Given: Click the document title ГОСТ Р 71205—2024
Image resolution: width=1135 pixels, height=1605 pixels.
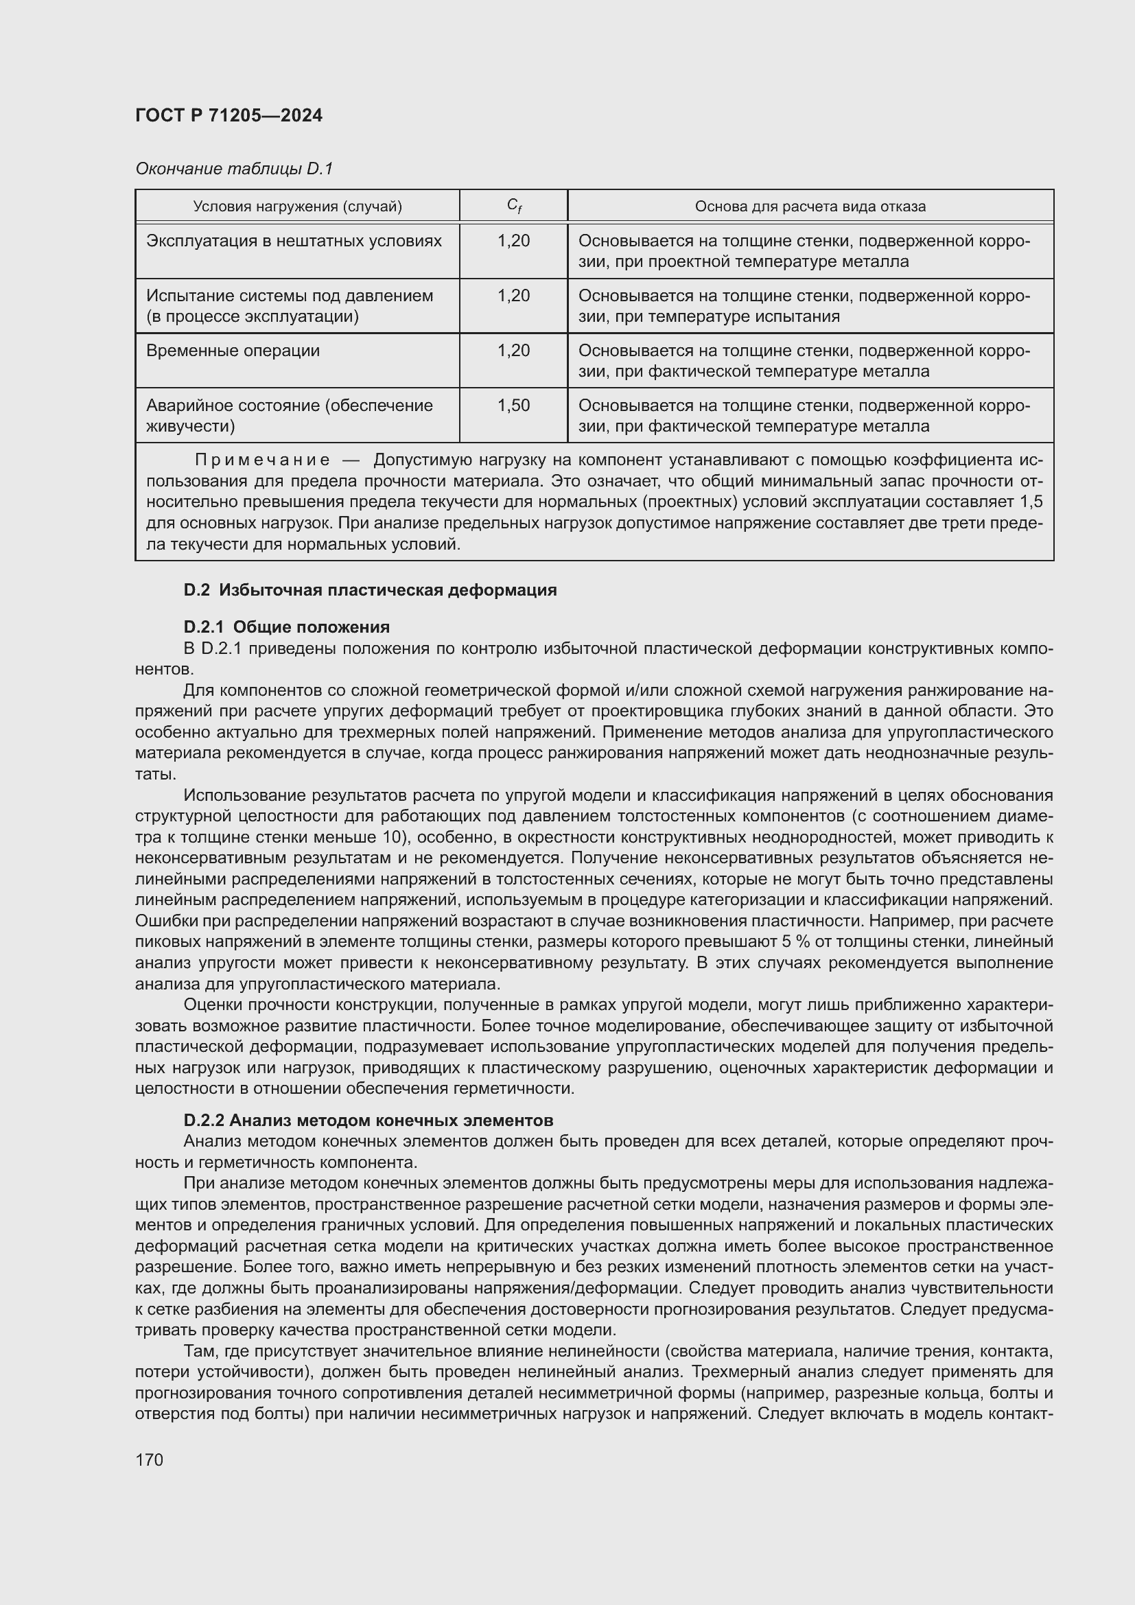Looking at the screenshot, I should pyautogui.click(x=229, y=116).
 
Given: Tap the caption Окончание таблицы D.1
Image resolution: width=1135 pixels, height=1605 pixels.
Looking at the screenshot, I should pyautogui.click(x=234, y=169).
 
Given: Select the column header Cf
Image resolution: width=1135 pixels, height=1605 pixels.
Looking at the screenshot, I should pyautogui.click(x=515, y=207).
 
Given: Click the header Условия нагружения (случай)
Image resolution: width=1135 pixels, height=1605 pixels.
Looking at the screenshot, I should pyautogui.click(x=297, y=207).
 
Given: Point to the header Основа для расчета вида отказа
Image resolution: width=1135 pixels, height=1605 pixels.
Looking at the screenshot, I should pyautogui.click(x=810, y=207).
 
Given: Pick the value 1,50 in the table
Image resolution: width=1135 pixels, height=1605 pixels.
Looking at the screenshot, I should pyautogui.click(x=514, y=406).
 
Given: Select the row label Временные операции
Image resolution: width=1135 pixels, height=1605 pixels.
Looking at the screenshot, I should pyautogui.click(x=233, y=351).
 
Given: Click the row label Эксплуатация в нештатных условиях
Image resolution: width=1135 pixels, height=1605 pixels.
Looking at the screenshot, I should pyautogui.click(x=294, y=241).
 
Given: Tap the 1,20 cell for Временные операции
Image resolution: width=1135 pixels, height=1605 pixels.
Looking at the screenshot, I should pyautogui.click(x=514, y=351).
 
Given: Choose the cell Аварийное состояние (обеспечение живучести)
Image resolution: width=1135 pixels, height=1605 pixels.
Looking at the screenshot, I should pyautogui.click(x=290, y=415).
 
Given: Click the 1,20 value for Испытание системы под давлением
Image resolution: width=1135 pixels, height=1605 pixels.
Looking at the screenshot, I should pyautogui.click(x=514, y=296).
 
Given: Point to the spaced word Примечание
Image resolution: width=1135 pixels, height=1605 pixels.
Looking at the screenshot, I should pyautogui.click(x=262, y=460).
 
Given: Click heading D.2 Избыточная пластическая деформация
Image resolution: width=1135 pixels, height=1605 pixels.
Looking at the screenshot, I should pyautogui.click(x=370, y=590).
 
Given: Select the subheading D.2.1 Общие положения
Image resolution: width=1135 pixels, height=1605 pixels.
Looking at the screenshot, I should pyautogui.click(x=287, y=626).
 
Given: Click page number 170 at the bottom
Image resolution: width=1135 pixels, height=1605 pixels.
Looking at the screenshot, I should pyautogui.click(x=149, y=1460).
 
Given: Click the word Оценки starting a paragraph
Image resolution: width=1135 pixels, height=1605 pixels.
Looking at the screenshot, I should pyautogui.click(x=211, y=1005).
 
